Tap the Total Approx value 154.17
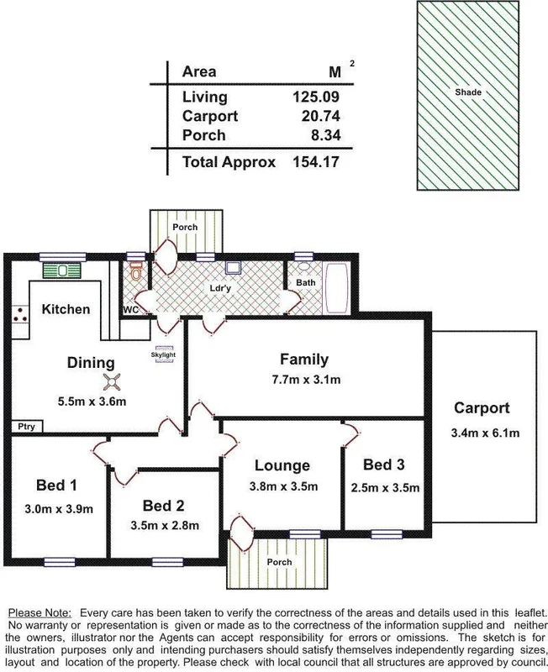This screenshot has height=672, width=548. [x=314, y=161]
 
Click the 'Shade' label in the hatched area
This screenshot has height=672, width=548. [x=469, y=92]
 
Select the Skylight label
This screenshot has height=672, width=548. [x=163, y=354]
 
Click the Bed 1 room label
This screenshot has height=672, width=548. [x=57, y=485]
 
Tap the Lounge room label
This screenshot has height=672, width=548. [x=282, y=465]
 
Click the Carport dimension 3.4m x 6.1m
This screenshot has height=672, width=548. [x=482, y=433]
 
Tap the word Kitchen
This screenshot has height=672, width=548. [x=66, y=309]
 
